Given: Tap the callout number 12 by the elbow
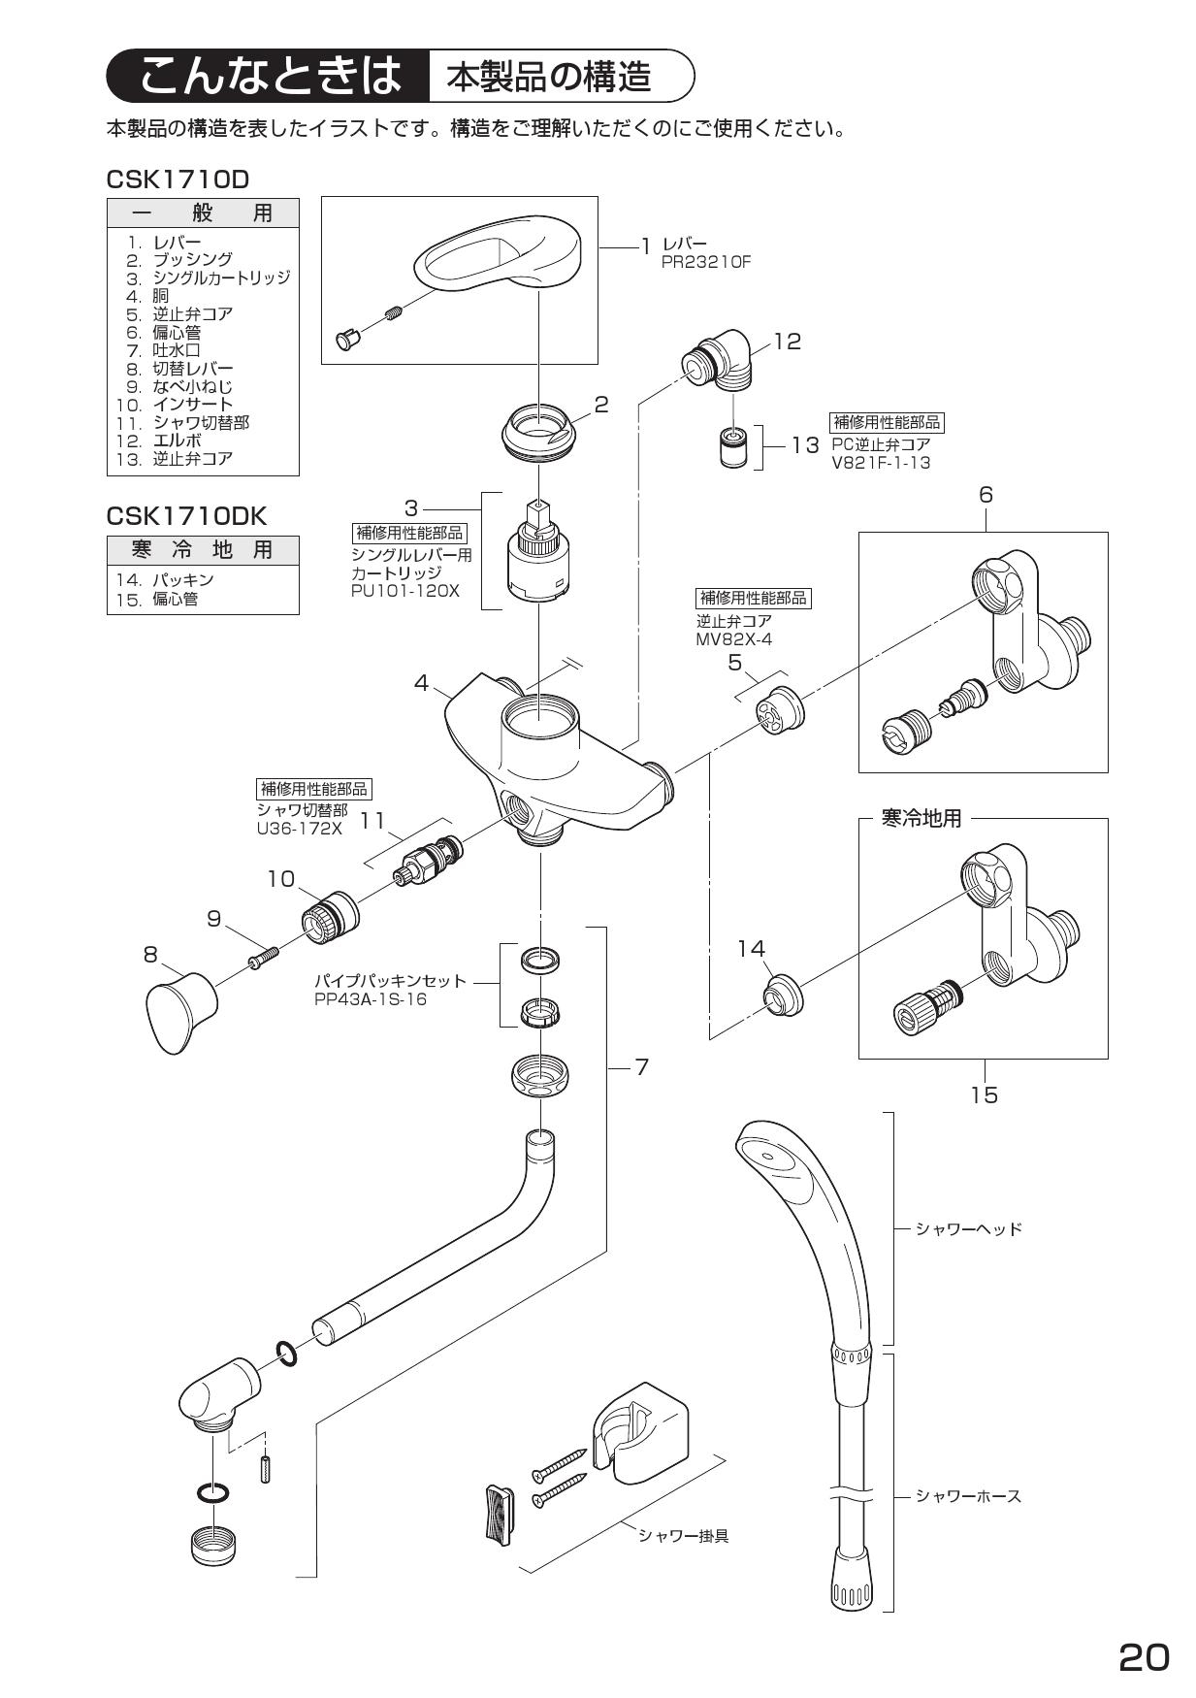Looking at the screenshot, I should pyautogui.click(x=787, y=342).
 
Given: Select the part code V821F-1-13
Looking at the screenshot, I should pyautogui.click(x=880, y=463).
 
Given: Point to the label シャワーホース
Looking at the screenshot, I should pyautogui.click(x=967, y=1496).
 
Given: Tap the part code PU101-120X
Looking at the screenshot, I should pyautogui.click(x=404, y=590).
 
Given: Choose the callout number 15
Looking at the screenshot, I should pyautogui.click(x=984, y=1094).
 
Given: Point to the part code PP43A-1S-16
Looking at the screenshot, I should pyautogui.click(x=370, y=998).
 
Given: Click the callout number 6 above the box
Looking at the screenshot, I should pyautogui.click(x=985, y=495).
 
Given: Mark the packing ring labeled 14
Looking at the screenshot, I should pyautogui.click(x=781, y=996).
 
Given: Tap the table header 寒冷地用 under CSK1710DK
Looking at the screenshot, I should pyautogui.click(x=202, y=550).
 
